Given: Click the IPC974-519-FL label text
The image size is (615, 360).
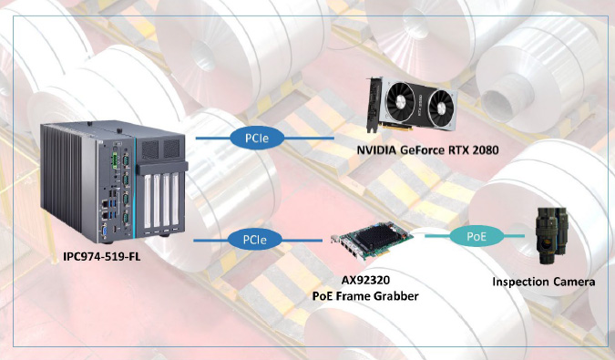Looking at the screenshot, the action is pos(102,257).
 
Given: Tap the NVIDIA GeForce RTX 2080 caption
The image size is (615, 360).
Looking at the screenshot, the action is pos(427,150).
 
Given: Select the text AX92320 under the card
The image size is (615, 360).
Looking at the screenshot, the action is pos(365,281).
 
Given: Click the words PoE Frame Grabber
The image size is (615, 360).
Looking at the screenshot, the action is pos(365,295).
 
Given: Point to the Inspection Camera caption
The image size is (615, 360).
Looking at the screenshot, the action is pos(544,282).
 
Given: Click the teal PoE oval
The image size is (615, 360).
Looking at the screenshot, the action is pos(477,236).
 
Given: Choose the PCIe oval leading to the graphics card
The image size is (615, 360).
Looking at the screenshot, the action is pos(257,138).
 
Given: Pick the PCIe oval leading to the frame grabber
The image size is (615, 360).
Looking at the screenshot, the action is pos(255,240).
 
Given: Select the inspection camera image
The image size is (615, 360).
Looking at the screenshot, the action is pos(552,235).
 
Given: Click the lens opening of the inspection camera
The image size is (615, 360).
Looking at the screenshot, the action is pos(543,246).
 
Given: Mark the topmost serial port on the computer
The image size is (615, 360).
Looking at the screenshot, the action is pos(126,160).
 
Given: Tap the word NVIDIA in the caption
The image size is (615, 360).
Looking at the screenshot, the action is pos(375,150).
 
